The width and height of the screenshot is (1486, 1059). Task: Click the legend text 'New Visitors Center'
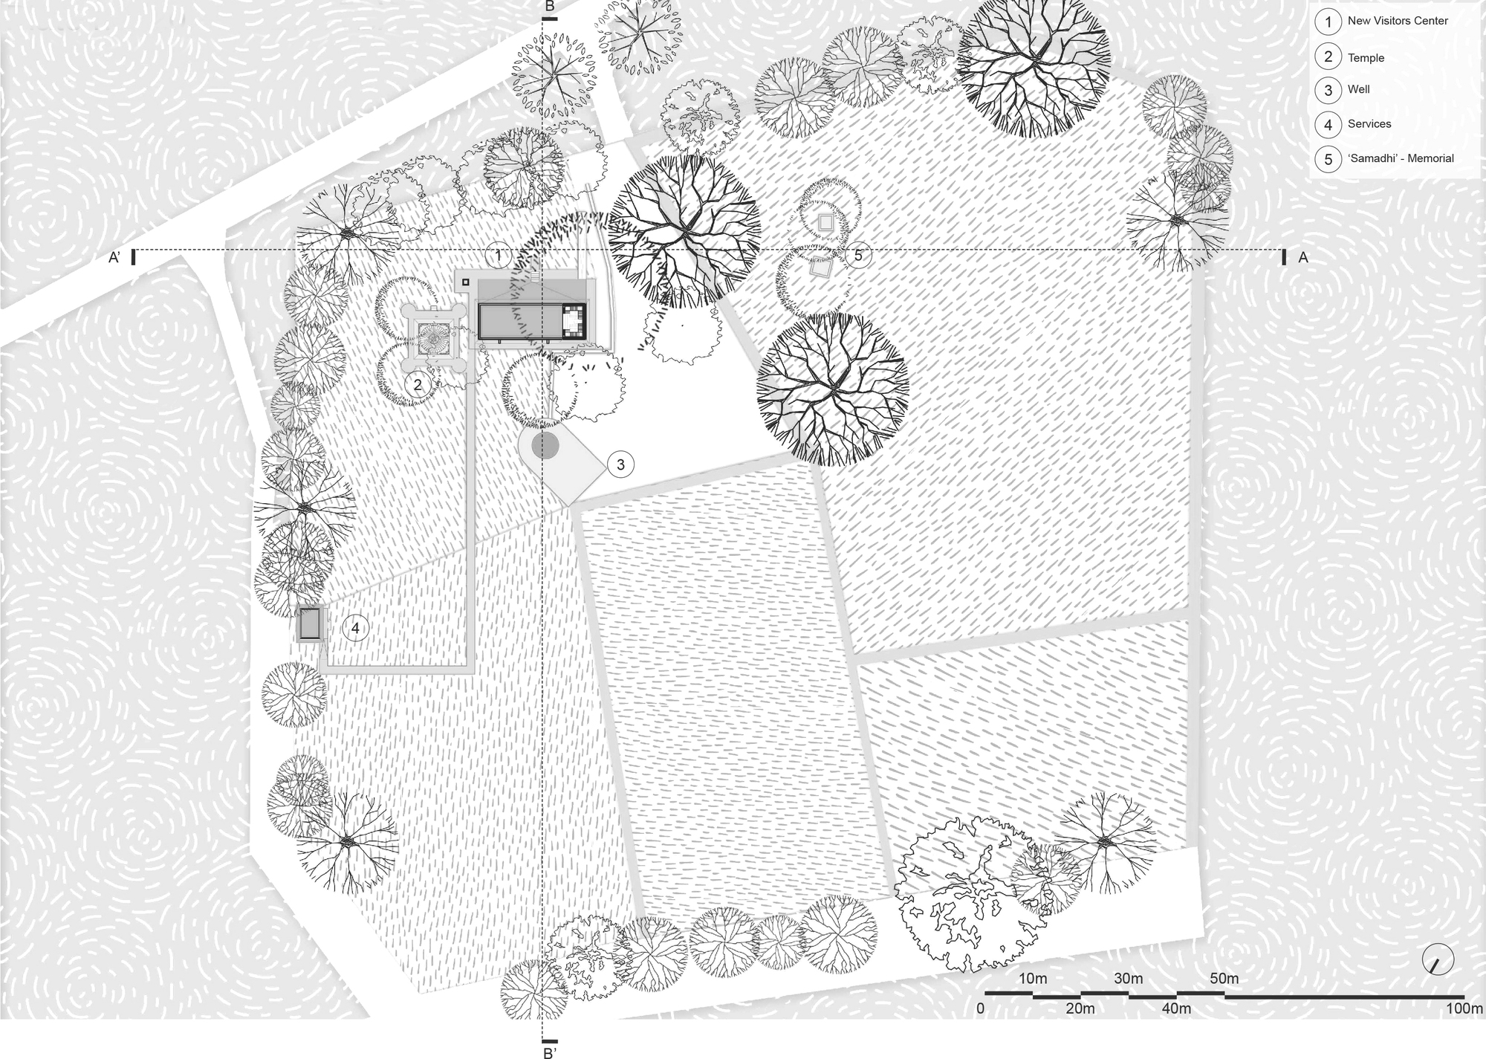[x=1398, y=21]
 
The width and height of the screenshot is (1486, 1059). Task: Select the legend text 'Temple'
[x=1366, y=58]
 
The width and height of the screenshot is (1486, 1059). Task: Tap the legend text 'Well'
[x=1358, y=89]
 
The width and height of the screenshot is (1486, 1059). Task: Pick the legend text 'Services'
[x=1369, y=124]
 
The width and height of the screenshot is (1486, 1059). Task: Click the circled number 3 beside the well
[x=620, y=465]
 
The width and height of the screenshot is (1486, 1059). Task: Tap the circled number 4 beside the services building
[x=355, y=629]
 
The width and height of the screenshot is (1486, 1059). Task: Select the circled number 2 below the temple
[x=418, y=385]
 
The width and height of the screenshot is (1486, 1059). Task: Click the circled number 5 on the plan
[x=858, y=256]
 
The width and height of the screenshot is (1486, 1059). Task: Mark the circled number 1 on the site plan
[x=498, y=256]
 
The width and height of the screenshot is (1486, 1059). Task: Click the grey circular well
[x=547, y=447]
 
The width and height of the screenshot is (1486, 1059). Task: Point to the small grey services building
[x=310, y=624]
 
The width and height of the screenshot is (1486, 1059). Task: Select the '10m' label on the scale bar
[x=1032, y=979]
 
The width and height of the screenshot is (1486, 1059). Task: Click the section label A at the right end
[x=1302, y=258]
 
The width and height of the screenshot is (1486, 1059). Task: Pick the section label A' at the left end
[x=115, y=258]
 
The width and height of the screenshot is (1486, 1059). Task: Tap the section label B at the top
[x=549, y=7]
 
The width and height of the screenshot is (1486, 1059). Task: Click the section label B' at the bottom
[x=550, y=1052]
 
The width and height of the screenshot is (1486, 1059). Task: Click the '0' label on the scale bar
[x=981, y=1008]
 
